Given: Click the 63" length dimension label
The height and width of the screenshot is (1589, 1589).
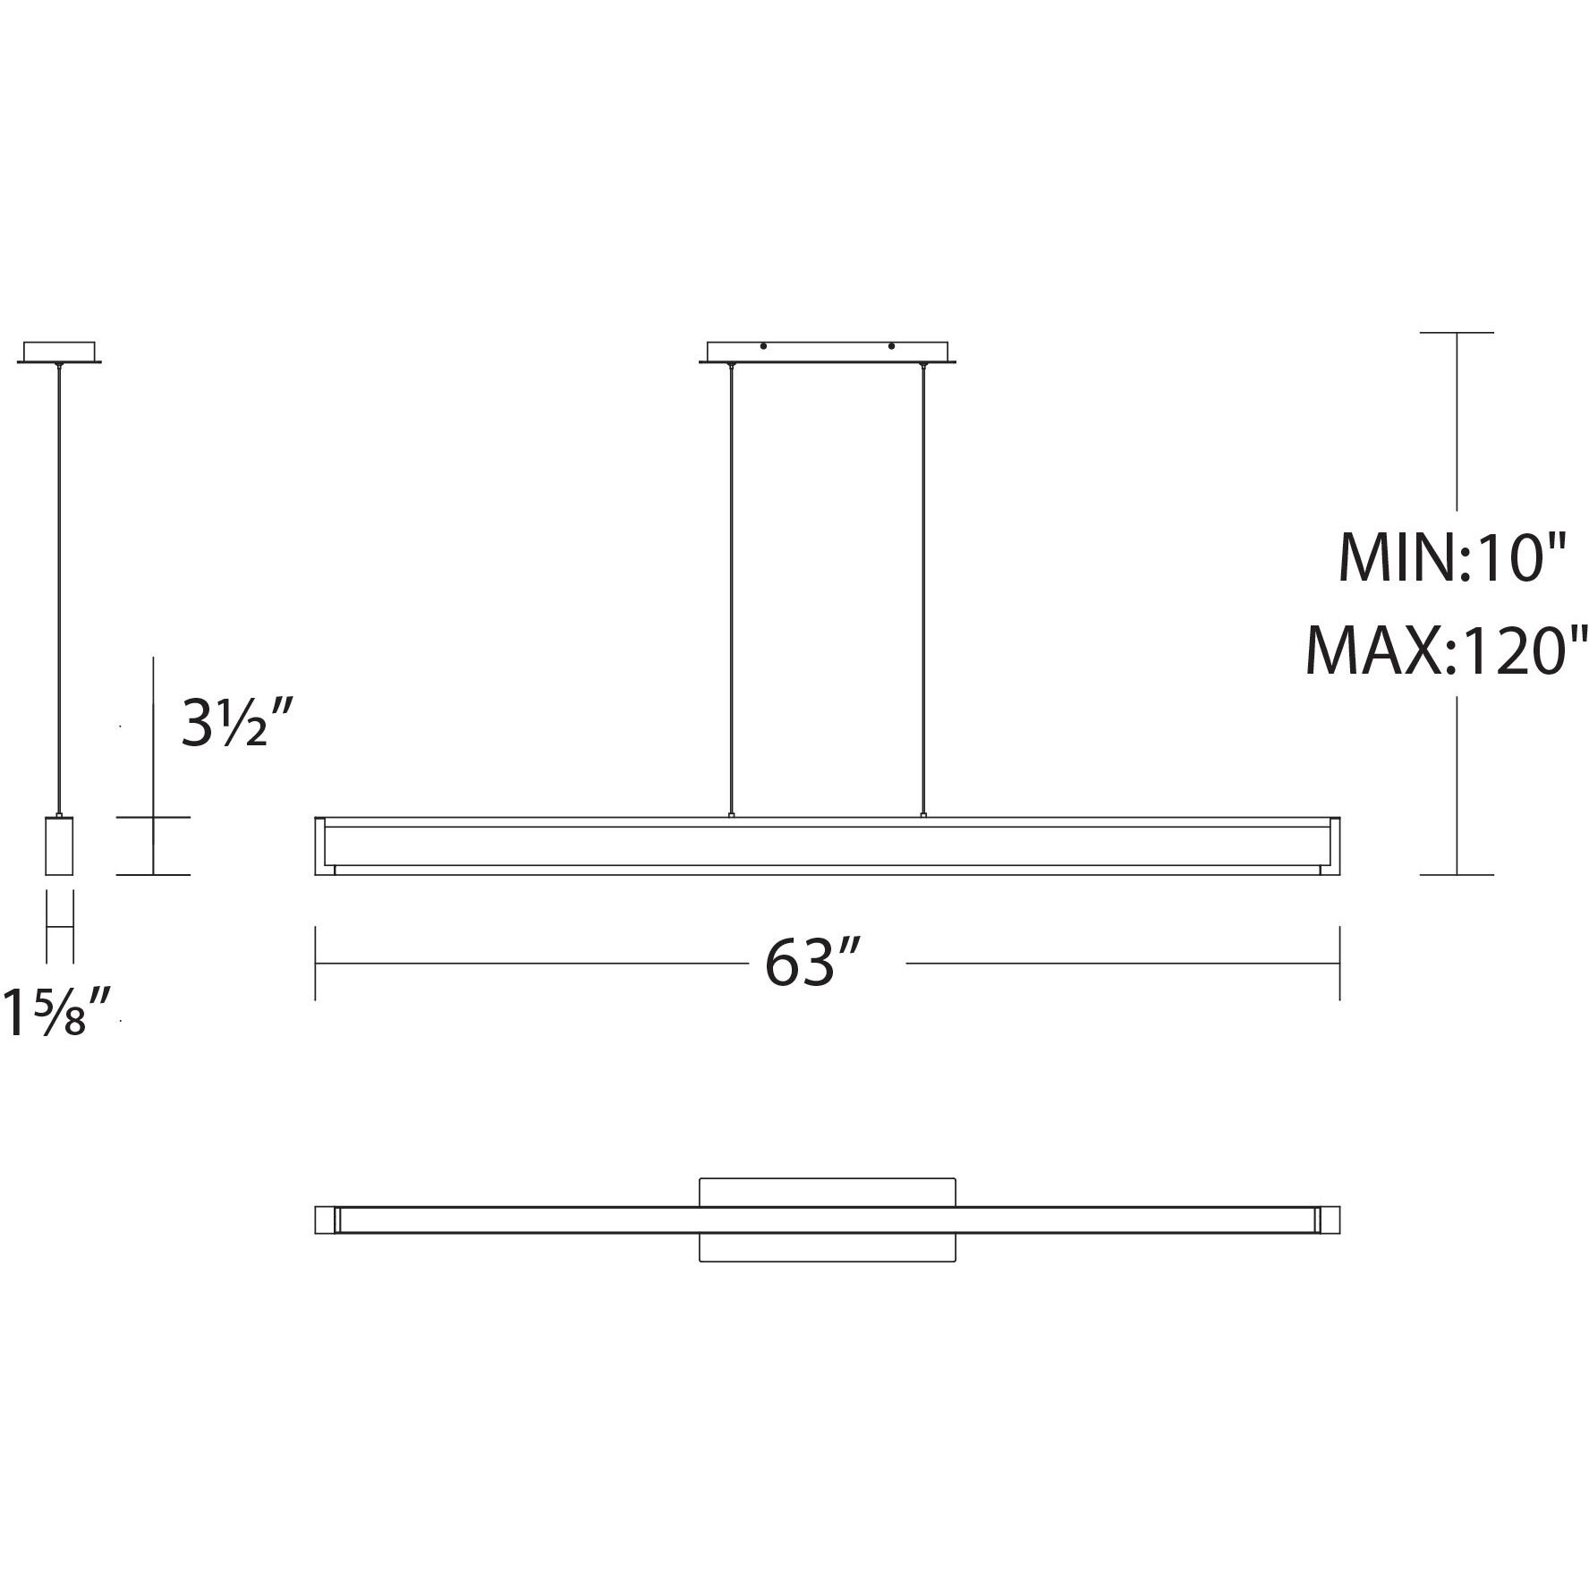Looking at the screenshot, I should (811, 963).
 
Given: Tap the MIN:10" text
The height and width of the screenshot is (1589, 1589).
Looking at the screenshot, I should (1451, 557).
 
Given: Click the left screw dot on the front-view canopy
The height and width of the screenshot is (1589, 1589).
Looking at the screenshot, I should (763, 346).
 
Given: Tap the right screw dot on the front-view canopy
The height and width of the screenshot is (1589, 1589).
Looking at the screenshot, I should (891, 346).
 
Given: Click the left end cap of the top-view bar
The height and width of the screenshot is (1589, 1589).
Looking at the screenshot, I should (326, 1219).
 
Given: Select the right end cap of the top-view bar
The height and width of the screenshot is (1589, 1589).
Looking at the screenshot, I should (1329, 1219).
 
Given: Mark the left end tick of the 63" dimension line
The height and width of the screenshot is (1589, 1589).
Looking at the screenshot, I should (315, 963).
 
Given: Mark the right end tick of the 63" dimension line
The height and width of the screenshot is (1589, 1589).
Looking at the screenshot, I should (1339, 963).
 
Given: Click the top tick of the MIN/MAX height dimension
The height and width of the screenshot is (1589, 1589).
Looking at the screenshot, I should (1457, 333).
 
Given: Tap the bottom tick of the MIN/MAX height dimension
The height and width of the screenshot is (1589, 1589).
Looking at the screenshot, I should (1457, 875).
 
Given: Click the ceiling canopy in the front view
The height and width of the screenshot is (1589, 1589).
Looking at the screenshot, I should (827, 352).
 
